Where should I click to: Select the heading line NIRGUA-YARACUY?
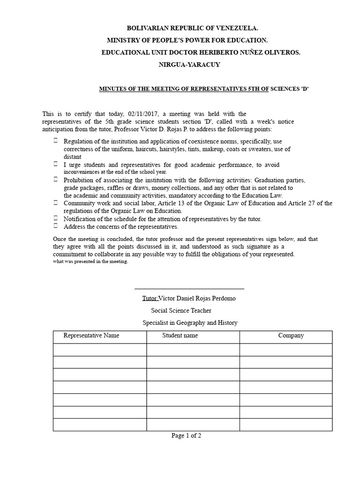click(x=189, y=65)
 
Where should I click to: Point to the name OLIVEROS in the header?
click(x=281, y=52)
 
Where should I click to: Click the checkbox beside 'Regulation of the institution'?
click(x=56, y=141)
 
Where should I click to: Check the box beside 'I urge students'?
click(x=56, y=164)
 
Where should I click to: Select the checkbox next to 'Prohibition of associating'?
click(x=56, y=180)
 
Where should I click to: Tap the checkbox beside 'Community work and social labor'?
click(x=56, y=202)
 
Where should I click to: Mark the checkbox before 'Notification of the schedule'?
click(x=56, y=218)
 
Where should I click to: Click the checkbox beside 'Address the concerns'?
click(x=56, y=226)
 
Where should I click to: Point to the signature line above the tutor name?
click(x=189, y=289)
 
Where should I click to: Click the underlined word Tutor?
click(x=150, y=298)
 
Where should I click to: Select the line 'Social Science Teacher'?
click(x=181, y=310)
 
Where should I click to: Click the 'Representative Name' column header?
click(x=91, y=336)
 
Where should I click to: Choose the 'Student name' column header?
click(x=180, y=336)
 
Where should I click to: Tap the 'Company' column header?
click(x=291, y=336)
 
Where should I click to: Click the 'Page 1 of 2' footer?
click(x=187, y=435)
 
